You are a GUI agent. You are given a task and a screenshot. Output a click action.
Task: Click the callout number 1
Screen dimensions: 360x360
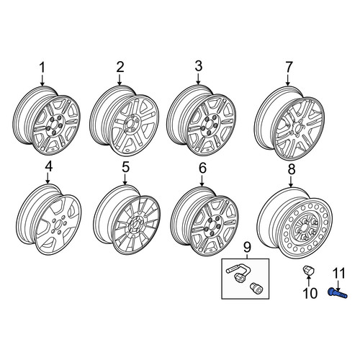[42, 68]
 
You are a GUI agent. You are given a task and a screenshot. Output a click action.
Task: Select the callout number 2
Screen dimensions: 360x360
[120, 67]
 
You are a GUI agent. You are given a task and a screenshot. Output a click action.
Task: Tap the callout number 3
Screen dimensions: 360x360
[199, 66]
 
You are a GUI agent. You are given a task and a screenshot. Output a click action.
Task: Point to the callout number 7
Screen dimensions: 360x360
[289, 67]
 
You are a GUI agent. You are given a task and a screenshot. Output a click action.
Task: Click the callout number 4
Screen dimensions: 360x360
[49, 166]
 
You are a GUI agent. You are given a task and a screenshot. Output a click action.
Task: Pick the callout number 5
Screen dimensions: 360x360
[125, 167]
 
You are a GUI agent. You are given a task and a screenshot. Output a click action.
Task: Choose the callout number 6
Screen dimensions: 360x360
[202, 168]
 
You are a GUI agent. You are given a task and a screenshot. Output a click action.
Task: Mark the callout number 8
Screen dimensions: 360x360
[292, 169]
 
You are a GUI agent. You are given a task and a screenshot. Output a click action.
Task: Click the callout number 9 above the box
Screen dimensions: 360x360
[247, 247]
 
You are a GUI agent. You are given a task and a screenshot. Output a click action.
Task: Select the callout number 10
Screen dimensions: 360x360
[310, 293]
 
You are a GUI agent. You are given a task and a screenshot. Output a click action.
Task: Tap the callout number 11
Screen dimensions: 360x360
[339, 274]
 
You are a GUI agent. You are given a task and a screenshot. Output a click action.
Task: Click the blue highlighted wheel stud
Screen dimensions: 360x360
[338, 293]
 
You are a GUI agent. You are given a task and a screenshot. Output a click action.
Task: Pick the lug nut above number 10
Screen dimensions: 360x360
[307, 270]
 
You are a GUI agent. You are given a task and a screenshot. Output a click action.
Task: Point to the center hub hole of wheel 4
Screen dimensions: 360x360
[58, 225]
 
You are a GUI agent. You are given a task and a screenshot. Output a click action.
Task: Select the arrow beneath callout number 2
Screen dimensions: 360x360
[120, 80]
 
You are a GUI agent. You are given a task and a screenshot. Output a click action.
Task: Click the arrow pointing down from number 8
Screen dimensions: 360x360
[291, 181]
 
